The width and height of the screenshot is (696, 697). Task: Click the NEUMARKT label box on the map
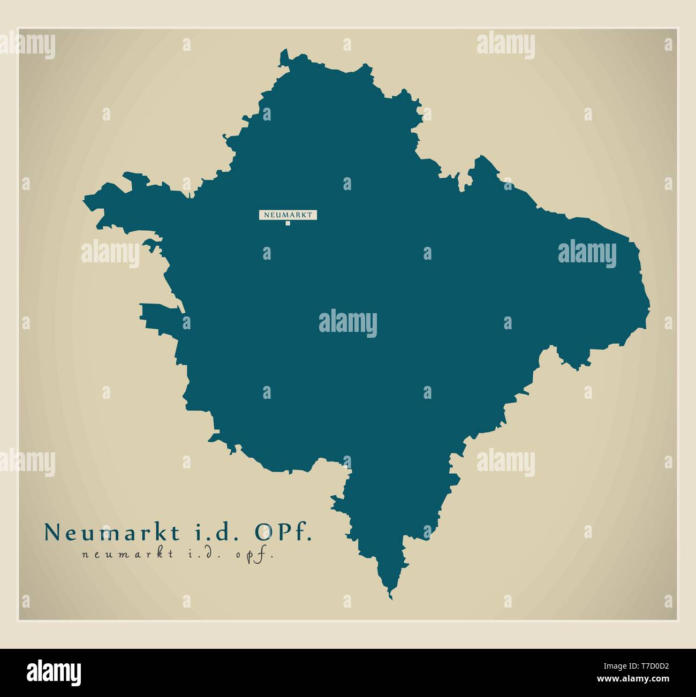[288, 215]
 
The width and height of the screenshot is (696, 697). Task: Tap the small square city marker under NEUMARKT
[288, 224]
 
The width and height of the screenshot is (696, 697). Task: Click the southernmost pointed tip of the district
[390, 597]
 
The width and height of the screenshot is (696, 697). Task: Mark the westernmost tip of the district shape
[84, 200]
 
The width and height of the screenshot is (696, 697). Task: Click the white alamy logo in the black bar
[54, 671]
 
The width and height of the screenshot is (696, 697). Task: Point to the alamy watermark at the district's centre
[348, 323]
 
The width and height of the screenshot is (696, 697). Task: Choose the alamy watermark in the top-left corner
[28, 45]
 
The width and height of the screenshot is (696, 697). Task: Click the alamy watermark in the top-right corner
[505, 44]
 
